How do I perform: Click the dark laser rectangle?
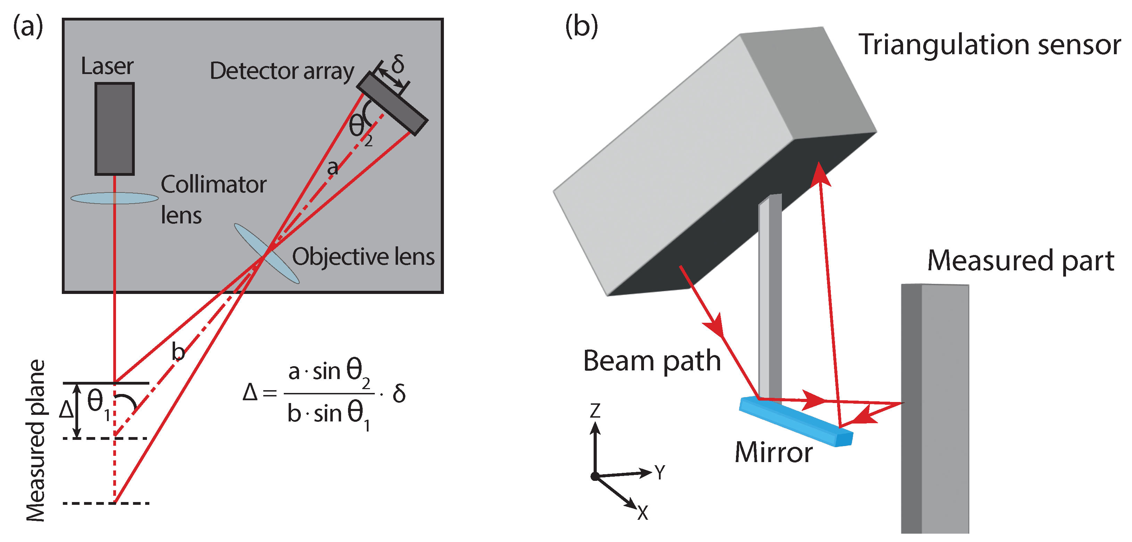pos(114,129)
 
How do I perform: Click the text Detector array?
pos(282,71)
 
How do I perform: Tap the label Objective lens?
pos(363,257)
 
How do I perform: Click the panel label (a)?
pos(28,26)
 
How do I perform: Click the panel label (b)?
pos(581,26)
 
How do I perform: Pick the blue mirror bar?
pos(796,421)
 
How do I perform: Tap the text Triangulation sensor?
pos(989,45)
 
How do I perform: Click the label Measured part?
pos(1021,261)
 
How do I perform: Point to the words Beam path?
pos(652,361)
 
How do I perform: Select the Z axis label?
pos(595,411)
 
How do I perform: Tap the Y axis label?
pos(660,473)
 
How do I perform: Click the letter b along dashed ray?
pos(178,352)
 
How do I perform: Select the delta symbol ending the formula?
pos(399,393)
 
